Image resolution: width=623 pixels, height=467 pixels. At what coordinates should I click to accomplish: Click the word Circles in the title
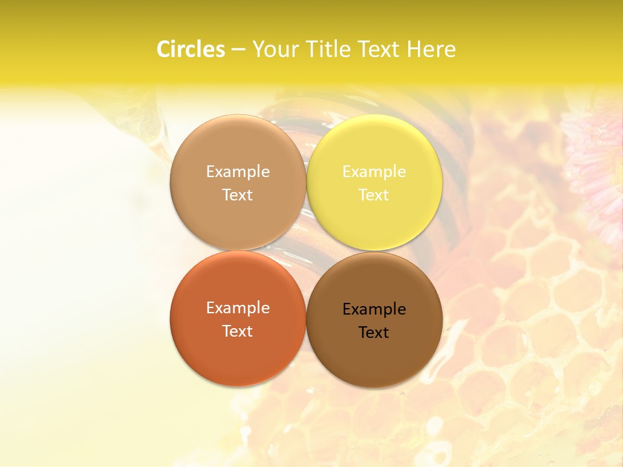pos(190,49)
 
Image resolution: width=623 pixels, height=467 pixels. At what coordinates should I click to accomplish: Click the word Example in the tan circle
pos(238,171)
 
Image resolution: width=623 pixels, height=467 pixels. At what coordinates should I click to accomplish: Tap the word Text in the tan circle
pos(238,195)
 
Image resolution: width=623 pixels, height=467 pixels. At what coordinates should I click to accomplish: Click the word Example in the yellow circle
pos(374,171)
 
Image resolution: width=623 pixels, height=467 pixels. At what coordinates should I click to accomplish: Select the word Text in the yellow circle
pos(374,195)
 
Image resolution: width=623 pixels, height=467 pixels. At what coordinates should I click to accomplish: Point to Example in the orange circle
pos(238,307)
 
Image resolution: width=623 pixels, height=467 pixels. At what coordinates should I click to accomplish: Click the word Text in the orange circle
pos(238,331)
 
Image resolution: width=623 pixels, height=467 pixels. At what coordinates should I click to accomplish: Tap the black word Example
pos(374,309)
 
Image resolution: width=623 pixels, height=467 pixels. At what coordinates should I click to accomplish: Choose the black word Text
pos(374,333)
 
